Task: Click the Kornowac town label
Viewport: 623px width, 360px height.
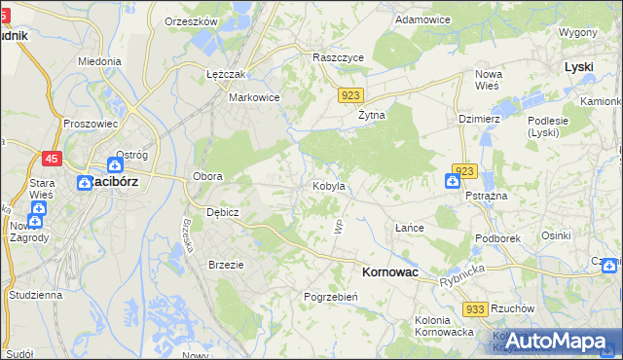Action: click(x=389, y=273)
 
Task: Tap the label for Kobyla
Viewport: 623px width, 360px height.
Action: click(x=328, y=186)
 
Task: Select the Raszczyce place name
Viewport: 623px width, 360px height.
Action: click(x=338, y=58)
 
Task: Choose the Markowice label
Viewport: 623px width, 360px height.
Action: click(x=254, y=97)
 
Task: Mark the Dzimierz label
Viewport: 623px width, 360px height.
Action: click(x=479, y=119)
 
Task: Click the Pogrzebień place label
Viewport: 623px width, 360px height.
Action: click(x=333, y=297)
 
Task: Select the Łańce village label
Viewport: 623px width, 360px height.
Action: click(x=409, y=227)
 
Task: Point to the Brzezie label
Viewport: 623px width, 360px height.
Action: click(x=226, y=264)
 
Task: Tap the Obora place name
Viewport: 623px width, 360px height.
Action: click(x=207, y=176)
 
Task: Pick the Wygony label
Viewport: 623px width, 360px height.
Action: click(x=577, y=32)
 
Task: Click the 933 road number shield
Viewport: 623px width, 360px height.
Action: click(x=475, y=308)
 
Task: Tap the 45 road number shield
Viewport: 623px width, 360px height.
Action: click(x=52, y=158)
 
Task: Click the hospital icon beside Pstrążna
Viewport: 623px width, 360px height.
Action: click(x=454, y=181)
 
